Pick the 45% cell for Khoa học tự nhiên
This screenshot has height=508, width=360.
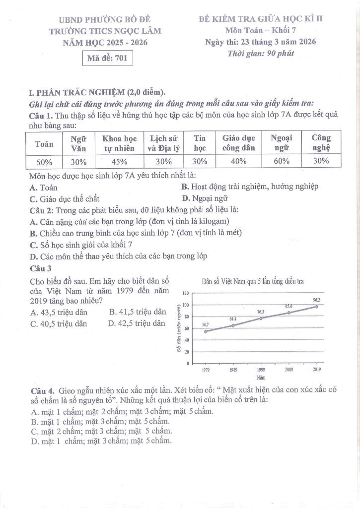tap(119, 162)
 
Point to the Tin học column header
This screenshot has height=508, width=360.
tap(200, 143)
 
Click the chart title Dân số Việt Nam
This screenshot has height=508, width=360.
tap(253, 282)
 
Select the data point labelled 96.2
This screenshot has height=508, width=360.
tap(316, 307)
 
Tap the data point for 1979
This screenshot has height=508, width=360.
tap(205, 331)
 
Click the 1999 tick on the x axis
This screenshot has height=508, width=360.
tap(261, 370)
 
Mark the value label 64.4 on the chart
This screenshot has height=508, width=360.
tap(233, 318)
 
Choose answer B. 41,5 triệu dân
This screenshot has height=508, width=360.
tap(137, 312)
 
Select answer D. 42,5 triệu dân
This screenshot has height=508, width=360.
tap(136, 323)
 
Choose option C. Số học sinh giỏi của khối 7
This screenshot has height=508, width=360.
tap(81, 245)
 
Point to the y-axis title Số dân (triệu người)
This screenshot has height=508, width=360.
tap(178, 328)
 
